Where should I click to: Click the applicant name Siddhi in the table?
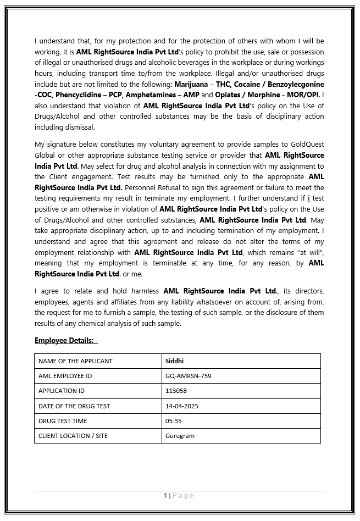click(175, 361)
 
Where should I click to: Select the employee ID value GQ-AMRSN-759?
click(188, 376)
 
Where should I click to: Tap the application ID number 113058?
click(176, 391)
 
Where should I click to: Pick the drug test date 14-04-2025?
click(181, 406)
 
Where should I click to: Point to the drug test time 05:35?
click(173, 421)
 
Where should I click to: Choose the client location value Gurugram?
click(180, 436)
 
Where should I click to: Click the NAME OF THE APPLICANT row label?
click(75, 361)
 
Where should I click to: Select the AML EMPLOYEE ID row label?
click(65, 376)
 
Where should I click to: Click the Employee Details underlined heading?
click(66, 341)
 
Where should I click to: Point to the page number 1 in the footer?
click(165, 496)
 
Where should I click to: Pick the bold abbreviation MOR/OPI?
click(304, 95)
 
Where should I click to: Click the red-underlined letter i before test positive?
click(309, 198)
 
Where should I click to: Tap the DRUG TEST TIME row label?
click(63, 421)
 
